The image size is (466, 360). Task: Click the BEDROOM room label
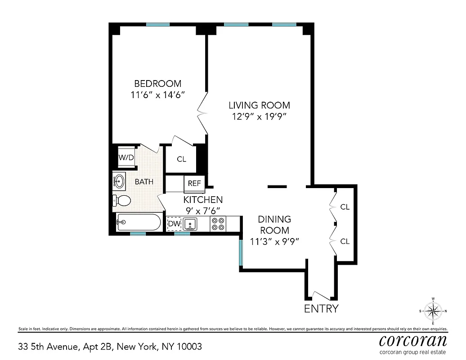click(158, 84)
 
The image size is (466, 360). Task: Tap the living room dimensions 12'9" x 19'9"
click(259, 116)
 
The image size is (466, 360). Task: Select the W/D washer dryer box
click(126, 157)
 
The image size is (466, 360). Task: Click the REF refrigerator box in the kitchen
click(194, 184)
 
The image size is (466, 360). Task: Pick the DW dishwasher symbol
click(174, 224)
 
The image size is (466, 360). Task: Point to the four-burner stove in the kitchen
click(218, 224)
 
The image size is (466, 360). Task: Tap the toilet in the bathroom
click(122, 201)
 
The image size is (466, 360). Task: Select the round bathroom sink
click(120, 181)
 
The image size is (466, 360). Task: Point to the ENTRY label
click(321, 309)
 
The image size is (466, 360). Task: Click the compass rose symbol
click(433, 311)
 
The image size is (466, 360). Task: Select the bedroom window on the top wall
click(158, 24)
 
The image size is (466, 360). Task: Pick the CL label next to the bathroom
click(181, 159)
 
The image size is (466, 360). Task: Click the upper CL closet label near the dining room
click(345, 207)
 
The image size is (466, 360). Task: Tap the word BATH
click(144, 182)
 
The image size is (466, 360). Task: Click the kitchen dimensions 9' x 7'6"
click(202, 210)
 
